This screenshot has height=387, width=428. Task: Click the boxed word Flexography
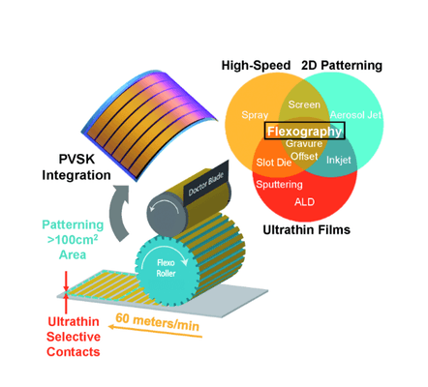coord(304,132)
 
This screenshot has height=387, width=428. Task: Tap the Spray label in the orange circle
coord(255,115)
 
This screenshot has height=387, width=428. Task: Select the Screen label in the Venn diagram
coord(304,104)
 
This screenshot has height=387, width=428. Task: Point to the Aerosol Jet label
coord(355,115)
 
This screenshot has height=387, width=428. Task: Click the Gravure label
coord(304,143)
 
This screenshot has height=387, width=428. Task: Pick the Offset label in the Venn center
coord(304,156)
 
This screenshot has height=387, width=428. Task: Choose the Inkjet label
coord(339,160)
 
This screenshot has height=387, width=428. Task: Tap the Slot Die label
coord(274,163)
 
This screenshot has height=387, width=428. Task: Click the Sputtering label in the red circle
coord(279,185)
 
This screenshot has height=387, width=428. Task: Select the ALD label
coord(304,202)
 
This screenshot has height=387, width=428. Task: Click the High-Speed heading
coord(256,66)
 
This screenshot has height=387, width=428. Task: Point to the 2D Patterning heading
coord(342,66)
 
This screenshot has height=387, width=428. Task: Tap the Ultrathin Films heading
coord(307,229)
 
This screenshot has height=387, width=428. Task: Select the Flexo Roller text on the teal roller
coord(166,268)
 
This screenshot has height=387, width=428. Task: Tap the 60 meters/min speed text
coord(157,322)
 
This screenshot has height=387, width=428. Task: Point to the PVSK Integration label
coord(76,167)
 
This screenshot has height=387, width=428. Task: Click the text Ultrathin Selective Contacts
coord(74,337)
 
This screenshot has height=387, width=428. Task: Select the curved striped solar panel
coord(149,126)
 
